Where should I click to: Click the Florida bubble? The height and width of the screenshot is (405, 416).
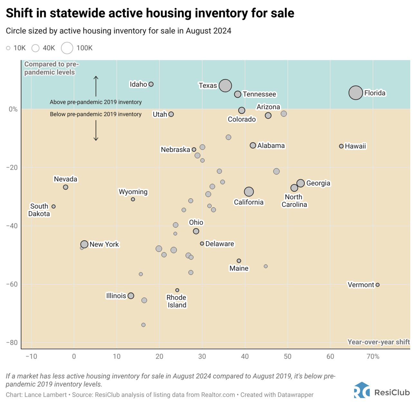pyautogui.click(x=355, y=93)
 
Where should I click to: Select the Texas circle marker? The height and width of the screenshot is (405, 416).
pyautogui.click(x=225, y=86)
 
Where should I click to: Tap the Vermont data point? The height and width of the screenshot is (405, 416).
pyautogui.click(x=377, y=285)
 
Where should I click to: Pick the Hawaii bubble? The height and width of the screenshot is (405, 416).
pyautogui.click(x=341, y=146)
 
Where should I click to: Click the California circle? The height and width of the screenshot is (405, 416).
pyautogui.click(x=249, y=192)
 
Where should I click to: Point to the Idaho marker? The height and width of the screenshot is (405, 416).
pyautogui.click(x=151, y=84)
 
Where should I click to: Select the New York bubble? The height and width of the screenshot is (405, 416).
pyautogui.click(x=84, y=244)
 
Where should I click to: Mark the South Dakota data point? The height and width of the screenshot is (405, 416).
pyautogui.click(x=53, y=206)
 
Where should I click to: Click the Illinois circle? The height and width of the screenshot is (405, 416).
pyautogui.click(x=131, y=296)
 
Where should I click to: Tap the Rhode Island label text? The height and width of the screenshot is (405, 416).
pyautogui.click(x=176, y=301)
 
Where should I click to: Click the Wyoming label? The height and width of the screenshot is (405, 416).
pyautogui.click(x=133, y=192)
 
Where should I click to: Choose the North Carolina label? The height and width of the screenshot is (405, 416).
pyautogui.click(x=294, y=201)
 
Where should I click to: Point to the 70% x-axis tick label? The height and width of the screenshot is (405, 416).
pyautogui.click(x=373, y=356)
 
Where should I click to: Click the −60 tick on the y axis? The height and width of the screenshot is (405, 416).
pyautogui.click(x=12, y=284)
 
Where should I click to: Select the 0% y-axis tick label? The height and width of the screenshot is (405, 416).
pyautogui.click(x=13, y=109)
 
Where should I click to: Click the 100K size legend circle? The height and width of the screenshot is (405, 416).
pyautogui.click(x=67, y=48)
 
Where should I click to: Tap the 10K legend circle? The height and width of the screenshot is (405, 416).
pyautogui.click(x=8, y=48)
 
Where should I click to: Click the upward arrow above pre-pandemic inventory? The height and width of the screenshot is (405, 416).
pyautogui.click(x=96, y=86)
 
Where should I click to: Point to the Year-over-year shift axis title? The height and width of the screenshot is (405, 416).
pyautogui.click(x=378, y=342)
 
